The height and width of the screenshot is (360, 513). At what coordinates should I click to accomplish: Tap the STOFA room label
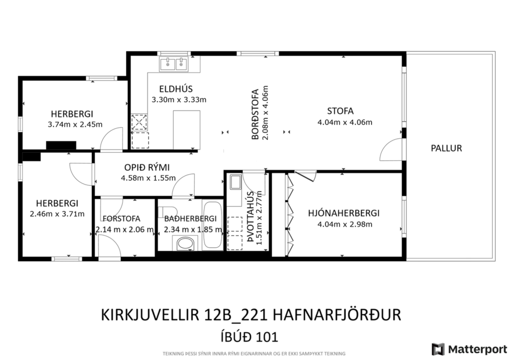340,111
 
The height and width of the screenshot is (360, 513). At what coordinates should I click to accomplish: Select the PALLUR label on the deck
446,148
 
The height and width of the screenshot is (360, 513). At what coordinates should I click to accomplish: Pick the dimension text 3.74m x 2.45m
75,124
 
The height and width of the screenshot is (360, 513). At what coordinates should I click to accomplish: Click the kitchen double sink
174,63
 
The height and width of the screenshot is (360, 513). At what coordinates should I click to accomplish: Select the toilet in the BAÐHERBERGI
186,243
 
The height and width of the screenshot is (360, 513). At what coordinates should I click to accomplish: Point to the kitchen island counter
186,129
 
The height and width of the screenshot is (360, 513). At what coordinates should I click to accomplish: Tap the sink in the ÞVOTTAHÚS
236,183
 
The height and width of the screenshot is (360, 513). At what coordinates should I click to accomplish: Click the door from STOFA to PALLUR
390,150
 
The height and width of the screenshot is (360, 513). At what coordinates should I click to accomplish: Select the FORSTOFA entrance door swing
109,246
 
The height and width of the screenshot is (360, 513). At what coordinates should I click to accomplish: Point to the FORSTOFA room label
122,219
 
